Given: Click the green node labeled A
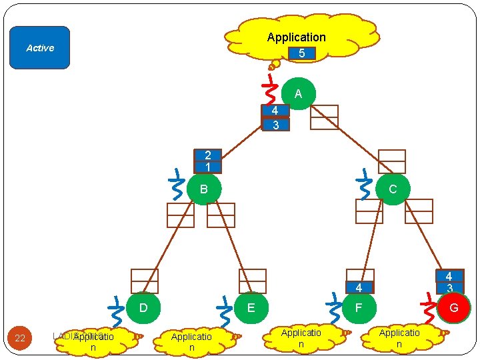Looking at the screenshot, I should click(x=298, y=94).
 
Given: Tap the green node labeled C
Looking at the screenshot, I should click(x=392, y=189).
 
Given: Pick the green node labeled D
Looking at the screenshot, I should click(x=143, y=308).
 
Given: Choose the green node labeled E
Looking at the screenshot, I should click(x=251, y=308).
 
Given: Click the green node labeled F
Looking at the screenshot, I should click(x=359, y=308).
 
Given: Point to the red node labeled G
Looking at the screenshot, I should click(x=453, y=308).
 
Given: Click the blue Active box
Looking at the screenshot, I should click(x=40, y=48).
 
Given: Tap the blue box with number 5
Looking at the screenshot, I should click(x=302, y=53).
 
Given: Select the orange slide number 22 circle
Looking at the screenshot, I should click(x=20, y=338).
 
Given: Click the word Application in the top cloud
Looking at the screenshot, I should click(x=296, y=37).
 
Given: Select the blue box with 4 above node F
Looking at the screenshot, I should click(x=359, y=288).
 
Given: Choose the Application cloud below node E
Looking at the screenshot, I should click(x=191, y=342).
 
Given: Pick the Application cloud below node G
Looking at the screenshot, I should click(x=399, y=338).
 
